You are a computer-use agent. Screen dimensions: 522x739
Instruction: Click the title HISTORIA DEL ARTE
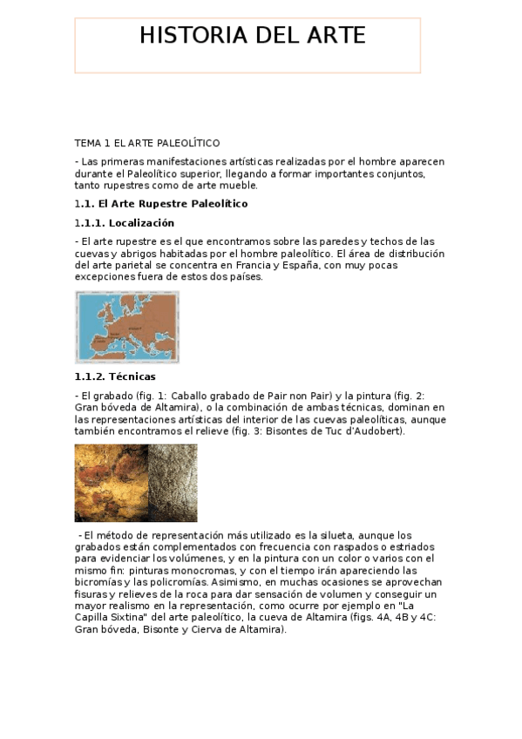253,36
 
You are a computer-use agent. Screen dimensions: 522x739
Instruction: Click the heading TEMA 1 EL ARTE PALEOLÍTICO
147,142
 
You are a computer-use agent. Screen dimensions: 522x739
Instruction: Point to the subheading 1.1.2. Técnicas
115,376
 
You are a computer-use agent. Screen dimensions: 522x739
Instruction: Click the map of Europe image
127,327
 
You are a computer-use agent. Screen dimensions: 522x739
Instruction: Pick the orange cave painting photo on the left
111,483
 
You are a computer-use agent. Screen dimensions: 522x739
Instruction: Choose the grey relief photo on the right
173,483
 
